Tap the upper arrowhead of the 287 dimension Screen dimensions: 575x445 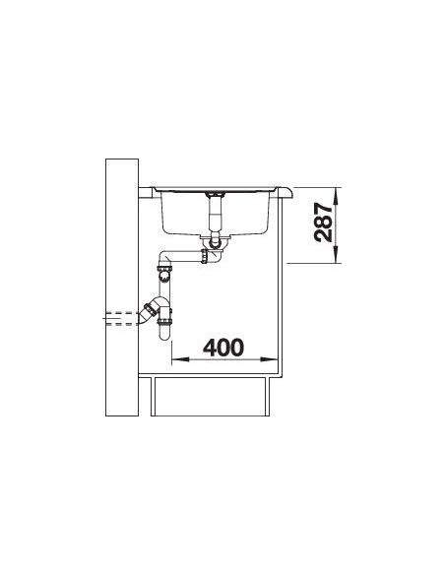(x=337, y=193)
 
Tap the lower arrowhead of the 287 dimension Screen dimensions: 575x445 (x=337, y=258)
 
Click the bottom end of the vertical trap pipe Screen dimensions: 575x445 (x=164, y=337)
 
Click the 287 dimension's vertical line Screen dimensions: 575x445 (x=337, y=225)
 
